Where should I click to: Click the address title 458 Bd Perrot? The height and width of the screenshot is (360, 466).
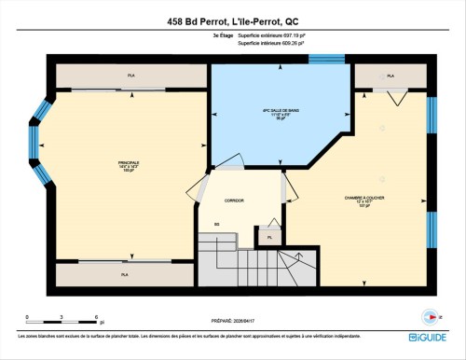(233, 21)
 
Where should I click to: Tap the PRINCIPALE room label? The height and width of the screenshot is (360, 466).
(129, 166)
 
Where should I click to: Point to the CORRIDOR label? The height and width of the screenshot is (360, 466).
(234, 201)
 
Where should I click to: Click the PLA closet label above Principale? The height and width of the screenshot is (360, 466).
(131, 75)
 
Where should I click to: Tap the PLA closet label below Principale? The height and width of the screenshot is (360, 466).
(124, 275)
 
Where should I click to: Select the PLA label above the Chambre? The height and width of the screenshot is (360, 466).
(391, 76)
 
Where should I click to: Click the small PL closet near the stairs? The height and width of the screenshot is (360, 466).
(269, 238)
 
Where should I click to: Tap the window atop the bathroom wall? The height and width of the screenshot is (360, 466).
(326, 60)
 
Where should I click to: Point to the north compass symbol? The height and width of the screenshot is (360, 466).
(430, 314)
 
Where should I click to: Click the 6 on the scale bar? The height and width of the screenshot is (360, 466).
(96, 318)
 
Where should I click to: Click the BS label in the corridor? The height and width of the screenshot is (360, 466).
(216, 224)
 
